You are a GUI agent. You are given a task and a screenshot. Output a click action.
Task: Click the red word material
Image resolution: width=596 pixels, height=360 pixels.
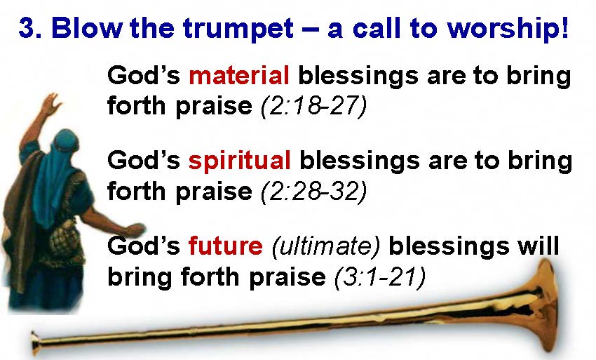pos(238,75)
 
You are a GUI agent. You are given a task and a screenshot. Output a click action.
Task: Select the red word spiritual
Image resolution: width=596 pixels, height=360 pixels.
pos(240,161)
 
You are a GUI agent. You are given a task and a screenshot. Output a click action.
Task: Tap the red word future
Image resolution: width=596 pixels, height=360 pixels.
pos(225,246)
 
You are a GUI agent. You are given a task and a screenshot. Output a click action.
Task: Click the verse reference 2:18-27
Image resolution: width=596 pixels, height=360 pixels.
pos(314,105)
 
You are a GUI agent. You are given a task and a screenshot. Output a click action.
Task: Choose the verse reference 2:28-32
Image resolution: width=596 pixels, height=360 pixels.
pos(314,191)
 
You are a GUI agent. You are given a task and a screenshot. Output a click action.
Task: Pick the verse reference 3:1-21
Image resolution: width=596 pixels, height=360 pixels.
pos(380,276)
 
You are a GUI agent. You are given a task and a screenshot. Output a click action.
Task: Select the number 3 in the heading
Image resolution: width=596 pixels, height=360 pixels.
pos(25,28)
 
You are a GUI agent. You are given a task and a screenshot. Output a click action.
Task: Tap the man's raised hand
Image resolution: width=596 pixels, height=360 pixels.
pos(51,104)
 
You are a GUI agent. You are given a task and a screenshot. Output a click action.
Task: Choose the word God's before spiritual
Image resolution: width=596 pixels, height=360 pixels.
pos(144,161)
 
